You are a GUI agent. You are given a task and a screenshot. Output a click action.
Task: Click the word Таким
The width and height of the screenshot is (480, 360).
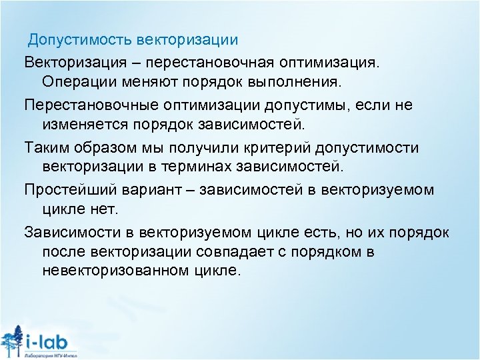(45, 146)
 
